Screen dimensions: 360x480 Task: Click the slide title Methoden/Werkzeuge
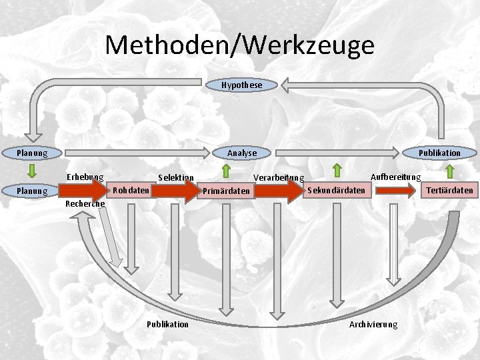pyautogui.click(x=239, y=45)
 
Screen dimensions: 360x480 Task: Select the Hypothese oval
pyautogui.click(x=242, y=85)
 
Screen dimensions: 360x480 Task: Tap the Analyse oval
pyautogui.click(x=241, y=153)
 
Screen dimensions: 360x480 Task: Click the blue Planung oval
pyautogui.click(x=31, y=153)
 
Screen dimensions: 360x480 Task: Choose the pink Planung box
pyautogui.click(x=31, y=191)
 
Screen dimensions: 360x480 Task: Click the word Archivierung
pyautogui.click(x=373, y=324)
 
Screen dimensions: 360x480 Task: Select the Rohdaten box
pyautogui.click(x=131, y=191)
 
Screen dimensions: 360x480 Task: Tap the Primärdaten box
pyautogui.click(x=227, y=191)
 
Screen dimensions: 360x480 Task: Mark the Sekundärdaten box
pyautogui.click(x=337, y=191)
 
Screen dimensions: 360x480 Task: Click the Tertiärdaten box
pyautogui.click(x=450, y=191)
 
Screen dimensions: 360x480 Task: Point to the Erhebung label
pyautogui.click(x=85, y=177)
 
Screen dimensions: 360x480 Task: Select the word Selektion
pyautogui.click(x=175, y=177)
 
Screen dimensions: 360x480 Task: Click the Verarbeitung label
pyautogui.click(x=279, y=178)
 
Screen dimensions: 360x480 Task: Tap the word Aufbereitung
pyautogui.click(x=395, y=177)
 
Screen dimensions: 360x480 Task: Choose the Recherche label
pyautogui.click(x=85, y=203)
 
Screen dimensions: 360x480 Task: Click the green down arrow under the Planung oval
pyautogui.click(x=31, y=172)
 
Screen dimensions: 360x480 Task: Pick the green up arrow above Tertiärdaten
pyautogui.click(x=450, y=171)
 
